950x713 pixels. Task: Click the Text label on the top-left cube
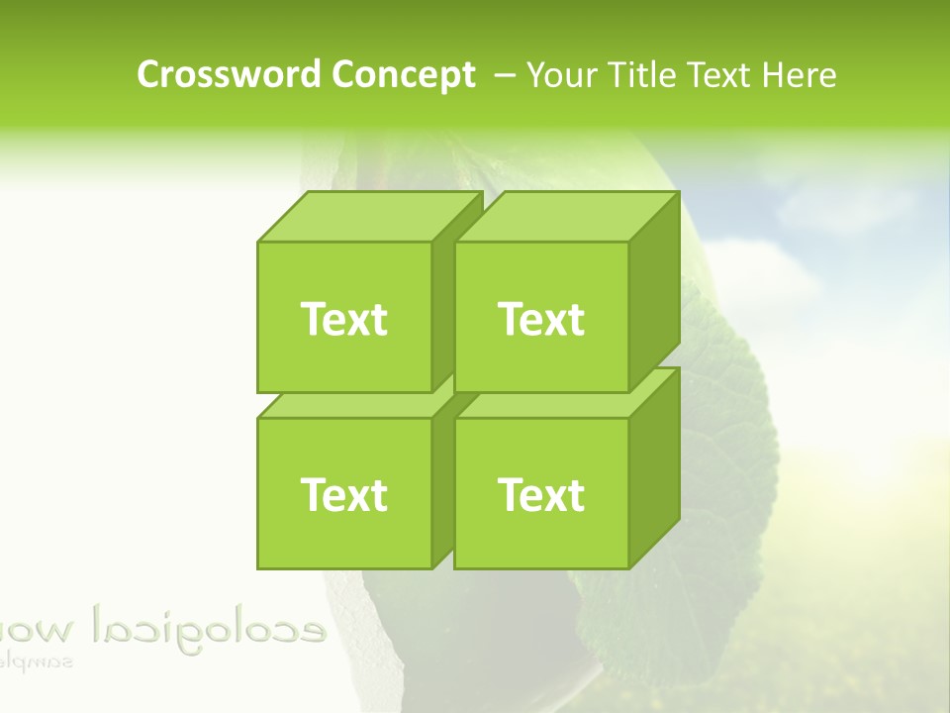tap(343, 319)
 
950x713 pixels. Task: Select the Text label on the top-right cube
tap(541, 319)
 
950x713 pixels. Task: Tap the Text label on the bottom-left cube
tap(343, 494)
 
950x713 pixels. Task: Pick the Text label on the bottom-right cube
tap(541, 494)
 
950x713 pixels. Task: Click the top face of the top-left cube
tap(368, 217)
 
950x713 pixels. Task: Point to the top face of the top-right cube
tap(566, 217)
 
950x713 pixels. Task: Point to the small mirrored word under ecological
tap(40, 660)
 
